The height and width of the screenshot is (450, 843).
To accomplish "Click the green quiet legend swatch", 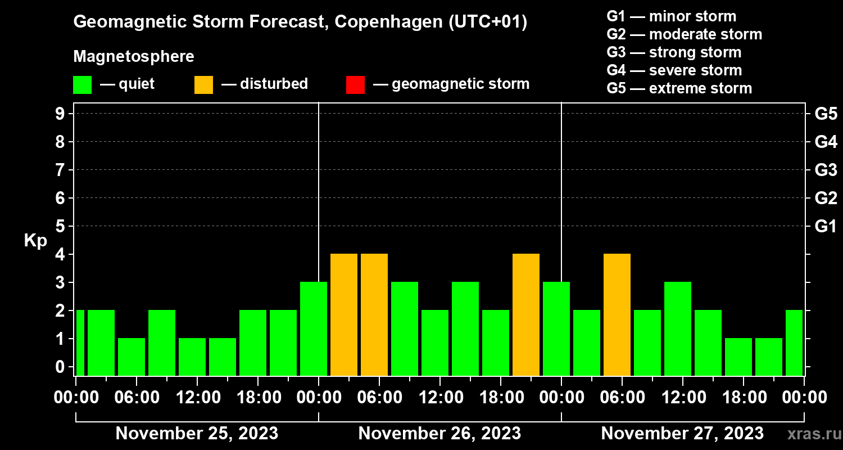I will pyautogui.click(x=82, y=84).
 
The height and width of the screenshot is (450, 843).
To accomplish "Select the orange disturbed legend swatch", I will pyautogui.click(x=203, y=84).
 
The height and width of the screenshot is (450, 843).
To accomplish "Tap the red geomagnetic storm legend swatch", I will pyautogui.click(x=355, y=84).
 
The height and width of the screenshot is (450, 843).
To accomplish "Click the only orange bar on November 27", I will pyautogui.click(x=617, y=314).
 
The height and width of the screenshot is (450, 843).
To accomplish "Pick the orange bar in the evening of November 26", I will pyautogui.click(x=526, y=314).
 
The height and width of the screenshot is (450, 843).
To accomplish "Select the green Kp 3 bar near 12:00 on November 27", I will pyautogui.click(x=678, y=328).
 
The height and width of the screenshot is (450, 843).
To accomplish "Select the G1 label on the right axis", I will pyautogui.click(x=826, y=227).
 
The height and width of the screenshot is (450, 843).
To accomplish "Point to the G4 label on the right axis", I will pyautogui.click(x=826, y=142).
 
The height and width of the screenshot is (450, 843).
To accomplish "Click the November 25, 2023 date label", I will pyautogui.click(x=197, y=433).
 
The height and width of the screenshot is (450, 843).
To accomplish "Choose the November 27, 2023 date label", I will pyautogui.click(x=682, y=433).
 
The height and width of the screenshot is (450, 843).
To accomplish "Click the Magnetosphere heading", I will pyautogui.click(x=134, y=57).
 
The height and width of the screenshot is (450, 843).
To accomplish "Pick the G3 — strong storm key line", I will pyautogui.click(x=674, y=52).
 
